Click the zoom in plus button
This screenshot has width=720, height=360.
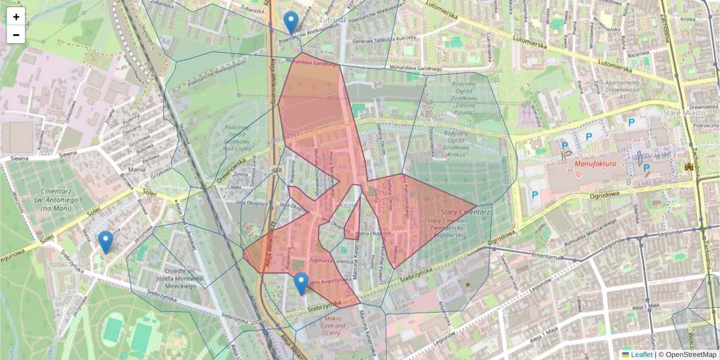tap(16, 17)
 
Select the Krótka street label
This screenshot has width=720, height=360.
tap(688, 19)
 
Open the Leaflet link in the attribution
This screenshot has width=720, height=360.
tap(641, 355)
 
